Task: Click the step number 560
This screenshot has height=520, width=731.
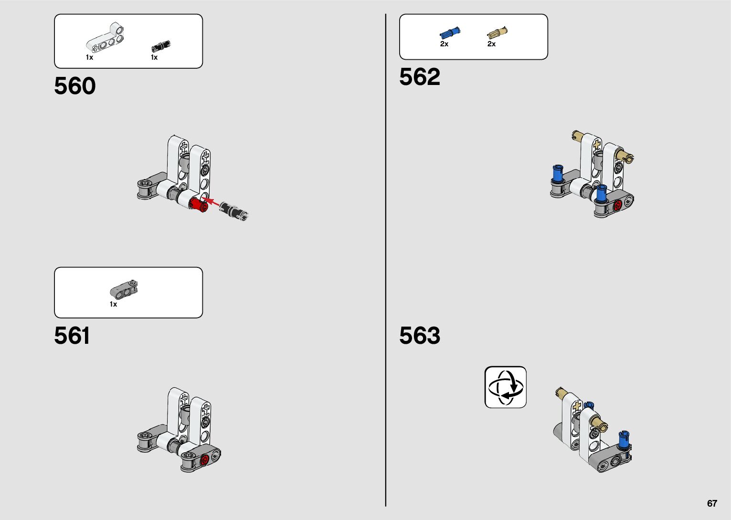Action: click(75, 86)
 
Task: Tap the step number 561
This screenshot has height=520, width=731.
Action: click(72, 336)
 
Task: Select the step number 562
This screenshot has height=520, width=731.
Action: click(420, 77)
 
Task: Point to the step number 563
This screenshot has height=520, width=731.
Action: click(420, 336)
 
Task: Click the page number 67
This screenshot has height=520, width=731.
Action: click(712, 503)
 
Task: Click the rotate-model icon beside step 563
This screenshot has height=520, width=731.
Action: click(505, 387)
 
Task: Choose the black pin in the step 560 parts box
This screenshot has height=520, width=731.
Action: click(161, 46)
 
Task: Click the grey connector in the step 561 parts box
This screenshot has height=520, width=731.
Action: click(124, 289)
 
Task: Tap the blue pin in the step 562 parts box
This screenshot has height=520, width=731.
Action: click(450, 33)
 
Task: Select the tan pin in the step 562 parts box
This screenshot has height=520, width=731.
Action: click(497, 33)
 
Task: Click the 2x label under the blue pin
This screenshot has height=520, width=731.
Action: click(444, 44)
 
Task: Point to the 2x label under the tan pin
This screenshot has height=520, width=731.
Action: click(491, 44)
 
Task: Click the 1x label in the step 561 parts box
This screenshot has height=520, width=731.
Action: click(113, 304)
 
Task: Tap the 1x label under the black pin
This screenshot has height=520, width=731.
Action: click(154, 57)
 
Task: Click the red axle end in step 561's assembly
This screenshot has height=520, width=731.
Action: click(205, 460)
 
